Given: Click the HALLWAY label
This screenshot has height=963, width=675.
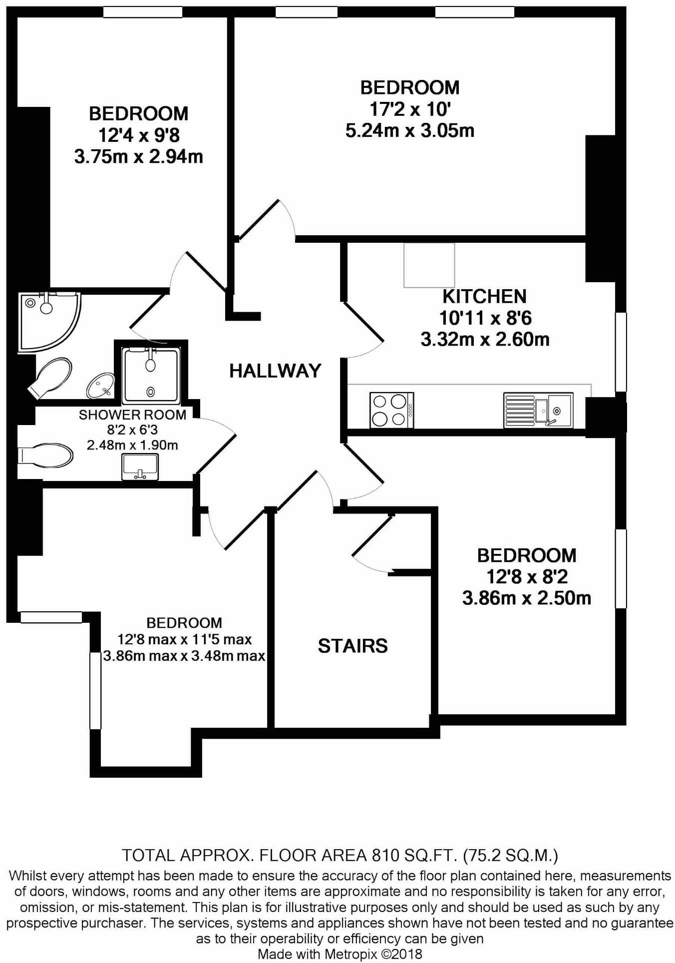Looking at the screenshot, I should click(x=275, y=371).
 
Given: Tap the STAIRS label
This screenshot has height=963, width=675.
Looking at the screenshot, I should click(x=352, y=646).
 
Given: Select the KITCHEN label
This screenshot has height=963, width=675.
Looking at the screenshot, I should click(x=484, y=296).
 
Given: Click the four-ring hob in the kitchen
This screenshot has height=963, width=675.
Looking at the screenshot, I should click(x=391, y=410).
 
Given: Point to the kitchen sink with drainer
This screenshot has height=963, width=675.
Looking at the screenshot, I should click(x=538, y=410).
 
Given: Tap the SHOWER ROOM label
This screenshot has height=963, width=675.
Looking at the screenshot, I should click(x=132, y=415).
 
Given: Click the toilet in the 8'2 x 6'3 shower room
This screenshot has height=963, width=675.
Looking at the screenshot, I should click(x=46, y=455).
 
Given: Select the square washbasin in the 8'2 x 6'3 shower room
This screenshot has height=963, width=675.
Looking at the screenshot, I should click(x=140, y=467).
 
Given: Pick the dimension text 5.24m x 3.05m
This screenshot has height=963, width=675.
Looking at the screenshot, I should click(x=409, y=131).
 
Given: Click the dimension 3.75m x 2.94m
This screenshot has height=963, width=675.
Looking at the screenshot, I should click(x=138, y=157).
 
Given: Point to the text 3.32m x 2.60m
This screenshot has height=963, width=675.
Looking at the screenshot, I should click(x=485, y=340).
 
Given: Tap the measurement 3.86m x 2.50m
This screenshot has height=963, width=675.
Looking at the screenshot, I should click(x=526, y=598).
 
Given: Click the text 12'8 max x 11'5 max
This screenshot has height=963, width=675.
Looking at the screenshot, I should click(x=184, y=639).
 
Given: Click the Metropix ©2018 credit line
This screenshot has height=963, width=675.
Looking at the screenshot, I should click(x=339, y=954).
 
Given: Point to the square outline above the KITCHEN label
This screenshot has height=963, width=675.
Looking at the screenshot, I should click(x=429, y=265).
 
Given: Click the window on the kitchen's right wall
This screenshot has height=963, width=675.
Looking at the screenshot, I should click(x=621, y=352).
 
